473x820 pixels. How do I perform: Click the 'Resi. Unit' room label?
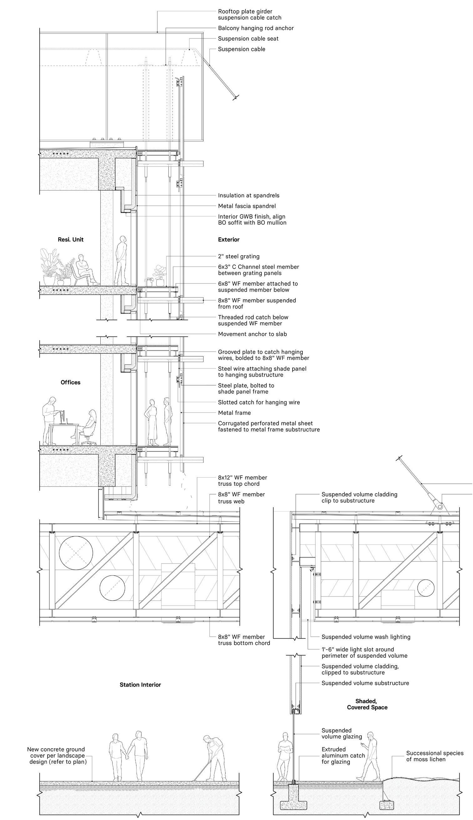70,240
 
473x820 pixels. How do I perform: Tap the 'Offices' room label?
70,382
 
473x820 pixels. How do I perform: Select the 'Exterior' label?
229,240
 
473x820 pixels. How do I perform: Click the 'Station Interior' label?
140,685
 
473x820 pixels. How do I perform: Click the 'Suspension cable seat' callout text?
248,39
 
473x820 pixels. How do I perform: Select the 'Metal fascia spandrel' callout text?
247,206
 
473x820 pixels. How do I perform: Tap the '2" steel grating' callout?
239,256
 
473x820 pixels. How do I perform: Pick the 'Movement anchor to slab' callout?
252,334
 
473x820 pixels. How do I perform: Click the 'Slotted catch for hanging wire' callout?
259,402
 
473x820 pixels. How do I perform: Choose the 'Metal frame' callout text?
234,413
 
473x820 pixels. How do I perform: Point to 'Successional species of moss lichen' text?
435,756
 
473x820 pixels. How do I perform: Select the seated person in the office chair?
89,427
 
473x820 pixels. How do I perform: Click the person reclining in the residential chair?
85,269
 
